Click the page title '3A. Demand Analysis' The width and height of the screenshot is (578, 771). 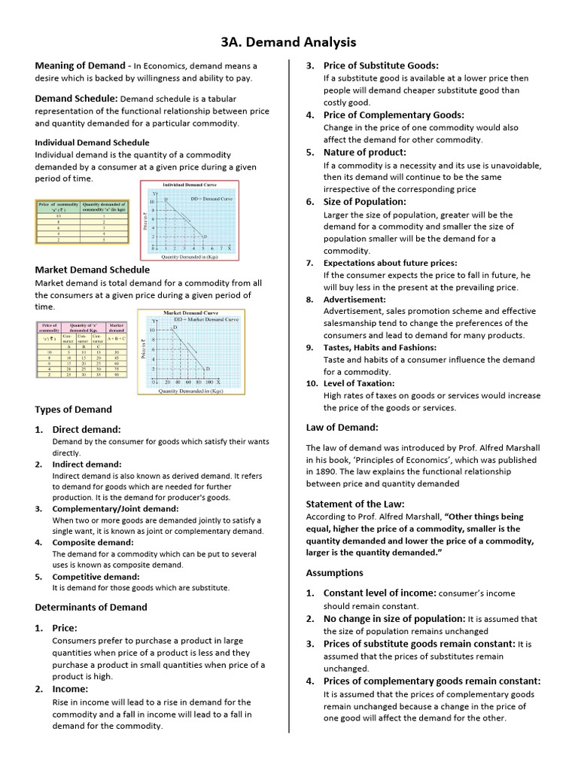coord(288,42)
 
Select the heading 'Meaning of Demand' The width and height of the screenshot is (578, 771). coord(77,66)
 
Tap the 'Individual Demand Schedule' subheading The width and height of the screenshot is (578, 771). coord(92,142)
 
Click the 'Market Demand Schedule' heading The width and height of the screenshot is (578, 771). coord(92,270)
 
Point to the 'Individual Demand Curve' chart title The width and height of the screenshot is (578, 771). coord(189,184)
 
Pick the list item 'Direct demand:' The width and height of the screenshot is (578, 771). coord(86,428)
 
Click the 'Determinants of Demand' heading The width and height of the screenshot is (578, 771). coord(91,607)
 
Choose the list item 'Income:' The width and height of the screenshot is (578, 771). coord(70,688)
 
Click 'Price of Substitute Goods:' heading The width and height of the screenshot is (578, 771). coord(381,66)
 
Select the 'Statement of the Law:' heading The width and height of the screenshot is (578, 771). coord(354,504)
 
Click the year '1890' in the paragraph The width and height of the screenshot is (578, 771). coord(316,471)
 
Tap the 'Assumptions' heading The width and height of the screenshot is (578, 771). coord(334,573)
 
